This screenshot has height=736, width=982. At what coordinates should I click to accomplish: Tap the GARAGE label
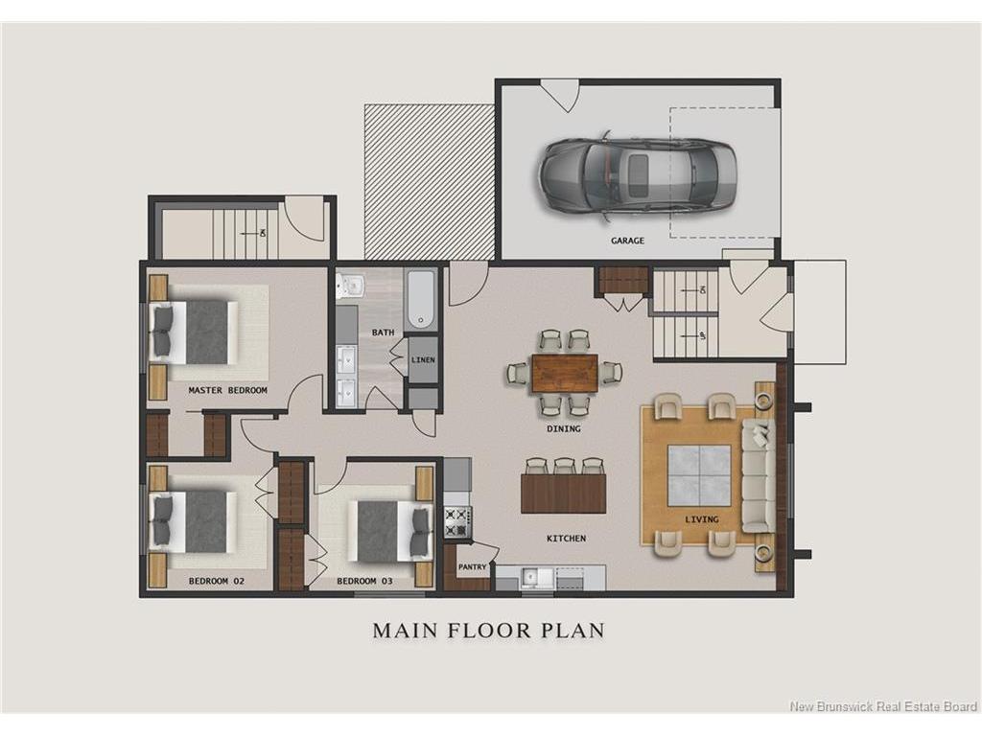(x=627, y=241)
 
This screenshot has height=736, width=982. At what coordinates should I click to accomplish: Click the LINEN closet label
(x=423, y=360)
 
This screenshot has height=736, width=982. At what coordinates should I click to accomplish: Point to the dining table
(x=564, y=373)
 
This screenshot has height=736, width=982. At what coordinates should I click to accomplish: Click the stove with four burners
(x=457, y=522)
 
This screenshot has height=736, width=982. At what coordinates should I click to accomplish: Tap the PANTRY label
(x=472, y=567)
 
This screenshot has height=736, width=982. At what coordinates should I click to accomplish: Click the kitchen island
(x=563, y=494)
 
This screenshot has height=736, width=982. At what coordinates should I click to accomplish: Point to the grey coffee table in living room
(x=698, y=475)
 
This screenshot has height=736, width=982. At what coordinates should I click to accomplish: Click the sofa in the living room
(x=759, y=475)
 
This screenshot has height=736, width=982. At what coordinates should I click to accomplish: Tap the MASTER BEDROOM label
(x=228, y=390)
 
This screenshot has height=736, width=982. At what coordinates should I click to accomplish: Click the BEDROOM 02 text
(x=217, y=581)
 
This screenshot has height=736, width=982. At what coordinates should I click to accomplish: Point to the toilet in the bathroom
(x=351, y=286)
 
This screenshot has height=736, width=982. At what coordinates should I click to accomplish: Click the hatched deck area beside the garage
(x=430, y=181)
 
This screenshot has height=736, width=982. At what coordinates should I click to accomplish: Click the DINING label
(x=564, y=428)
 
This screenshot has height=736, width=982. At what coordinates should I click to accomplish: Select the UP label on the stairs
(x=703, y=336)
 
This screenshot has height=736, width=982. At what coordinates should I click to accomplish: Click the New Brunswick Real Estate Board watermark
(x=883, y=706)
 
